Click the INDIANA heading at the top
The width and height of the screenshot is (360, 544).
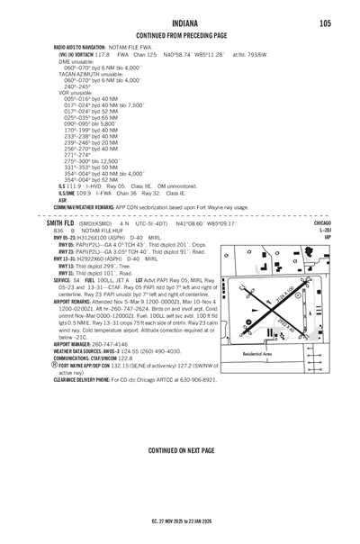(179, 23)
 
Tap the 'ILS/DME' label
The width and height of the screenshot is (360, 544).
(66, 193)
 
